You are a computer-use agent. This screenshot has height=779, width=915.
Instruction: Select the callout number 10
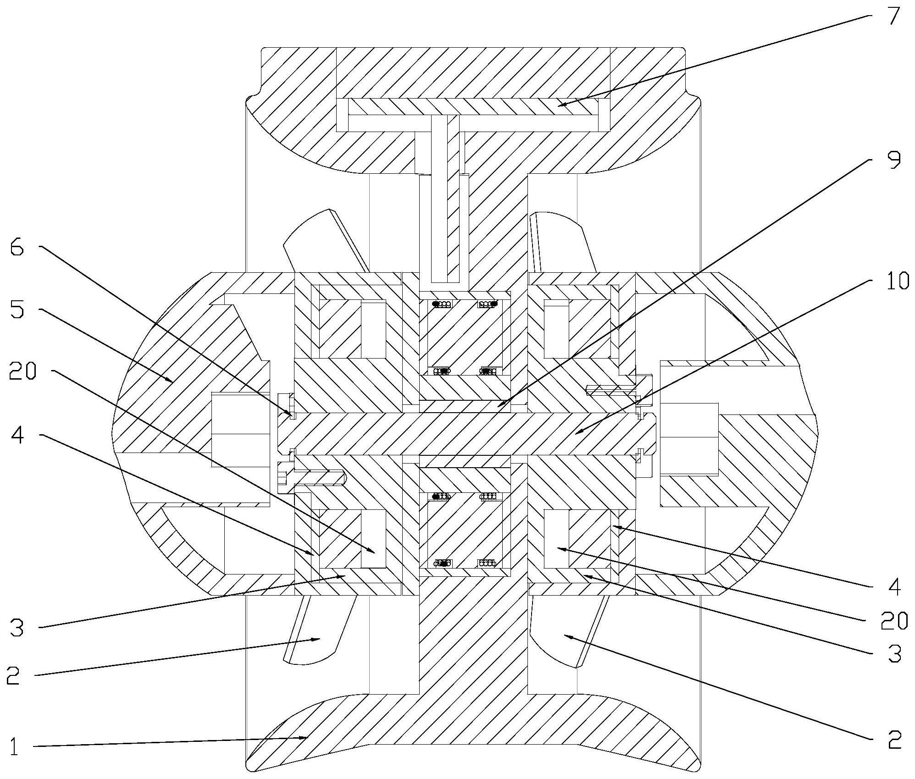click(897, 281)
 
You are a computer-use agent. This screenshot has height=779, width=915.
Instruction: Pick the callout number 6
click(17, 249)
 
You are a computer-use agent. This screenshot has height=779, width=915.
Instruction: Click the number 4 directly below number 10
click(893, 587)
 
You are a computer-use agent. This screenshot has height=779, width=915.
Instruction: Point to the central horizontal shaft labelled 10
click(459, 434)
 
